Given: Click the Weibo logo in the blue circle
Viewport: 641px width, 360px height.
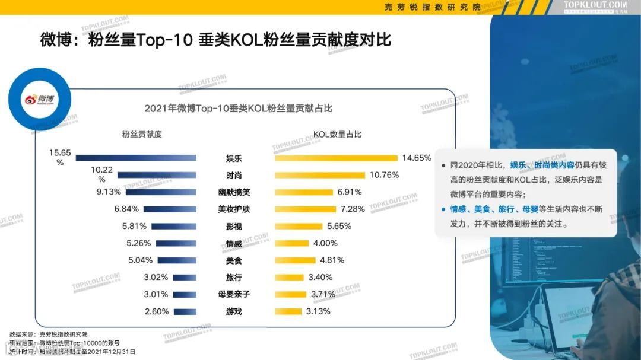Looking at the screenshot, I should (39, 98).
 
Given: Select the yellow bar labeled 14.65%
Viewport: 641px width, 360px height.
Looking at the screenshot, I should (336, 158).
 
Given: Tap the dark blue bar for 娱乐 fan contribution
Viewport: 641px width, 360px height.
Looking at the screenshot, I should (136, 158).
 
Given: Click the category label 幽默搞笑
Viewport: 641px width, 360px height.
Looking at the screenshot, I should (234, 192).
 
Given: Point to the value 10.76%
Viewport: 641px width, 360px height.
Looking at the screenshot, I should (384, 175).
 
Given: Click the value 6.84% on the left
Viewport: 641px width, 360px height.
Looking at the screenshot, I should (126, 209).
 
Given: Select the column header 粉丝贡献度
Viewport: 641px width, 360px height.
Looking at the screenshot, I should (141, 134).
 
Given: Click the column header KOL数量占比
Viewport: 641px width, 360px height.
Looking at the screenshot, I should (338, 134).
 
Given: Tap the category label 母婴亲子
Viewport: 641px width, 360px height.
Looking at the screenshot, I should (234, 294).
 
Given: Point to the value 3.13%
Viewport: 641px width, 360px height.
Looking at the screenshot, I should (318, 311).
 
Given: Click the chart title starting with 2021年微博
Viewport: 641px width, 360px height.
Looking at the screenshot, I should (237, 109).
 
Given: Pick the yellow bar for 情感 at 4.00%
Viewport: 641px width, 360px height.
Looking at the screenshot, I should (292, 243).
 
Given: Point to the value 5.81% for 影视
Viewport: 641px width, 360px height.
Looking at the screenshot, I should (134, 226).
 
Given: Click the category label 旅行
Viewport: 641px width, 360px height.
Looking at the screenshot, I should (234, 277).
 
